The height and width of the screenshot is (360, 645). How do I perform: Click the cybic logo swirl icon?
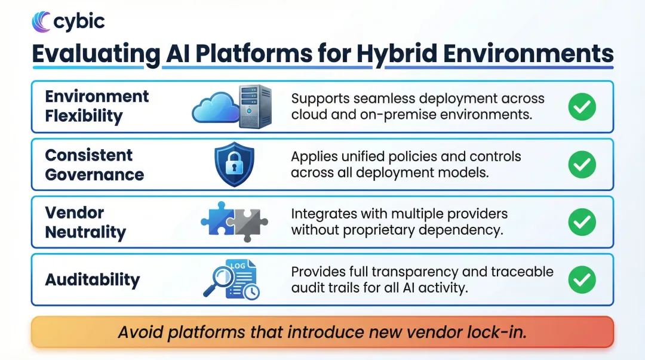click(x=41, y=22)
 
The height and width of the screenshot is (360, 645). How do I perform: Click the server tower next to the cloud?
click(x=255, y=106)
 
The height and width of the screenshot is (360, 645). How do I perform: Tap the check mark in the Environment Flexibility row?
click(x=582, y=106)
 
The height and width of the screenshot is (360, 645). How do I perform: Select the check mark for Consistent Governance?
click(x=582, y=164)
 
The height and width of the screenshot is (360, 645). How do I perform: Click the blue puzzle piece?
click(x=219, y=220)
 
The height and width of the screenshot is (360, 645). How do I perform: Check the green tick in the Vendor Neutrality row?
click(x=582, y=222)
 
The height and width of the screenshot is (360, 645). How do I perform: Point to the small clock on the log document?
click(x=251, y=291)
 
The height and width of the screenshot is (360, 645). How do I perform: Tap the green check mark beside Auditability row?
click(x=582, y=279)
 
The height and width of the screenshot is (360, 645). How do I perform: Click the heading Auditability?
click(x=93, y=279)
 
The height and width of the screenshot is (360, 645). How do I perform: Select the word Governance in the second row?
click(x=94, y=174)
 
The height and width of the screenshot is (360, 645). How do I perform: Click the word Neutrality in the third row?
click(x=85, y=232)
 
